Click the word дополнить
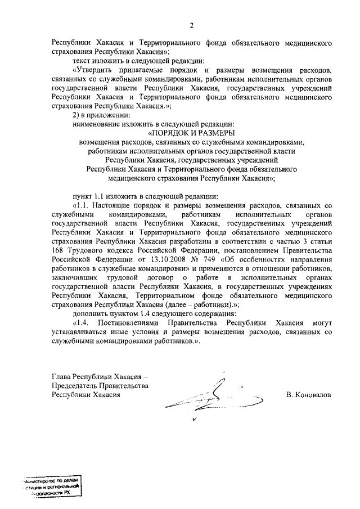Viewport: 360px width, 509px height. [x=91, y=313]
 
